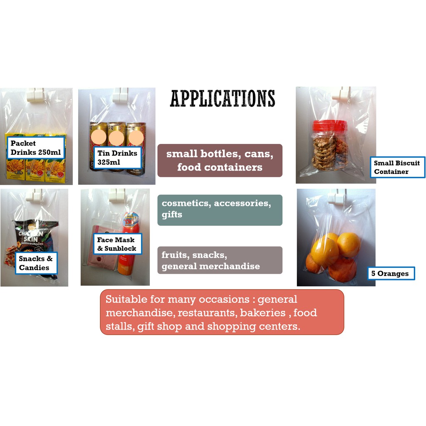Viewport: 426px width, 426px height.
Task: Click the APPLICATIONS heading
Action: (223, 99)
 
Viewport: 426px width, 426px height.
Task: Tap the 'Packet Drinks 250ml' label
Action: (36, 148)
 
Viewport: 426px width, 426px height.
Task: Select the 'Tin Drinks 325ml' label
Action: (117, 158)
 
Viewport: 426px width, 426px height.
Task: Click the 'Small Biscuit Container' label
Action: (397, 167)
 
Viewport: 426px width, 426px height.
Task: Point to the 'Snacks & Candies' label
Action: (36, 263)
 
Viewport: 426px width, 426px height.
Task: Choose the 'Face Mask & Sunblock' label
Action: (116, 244)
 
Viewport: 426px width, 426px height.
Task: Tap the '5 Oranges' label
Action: (391, 273)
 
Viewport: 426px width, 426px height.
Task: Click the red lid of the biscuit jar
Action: (330, 125)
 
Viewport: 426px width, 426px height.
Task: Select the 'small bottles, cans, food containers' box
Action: (220, 161)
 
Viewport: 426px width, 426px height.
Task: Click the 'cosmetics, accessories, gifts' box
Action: (220, 210)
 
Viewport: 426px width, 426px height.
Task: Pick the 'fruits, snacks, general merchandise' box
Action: (220, 260)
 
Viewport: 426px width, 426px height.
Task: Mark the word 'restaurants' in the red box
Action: (207, 312)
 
